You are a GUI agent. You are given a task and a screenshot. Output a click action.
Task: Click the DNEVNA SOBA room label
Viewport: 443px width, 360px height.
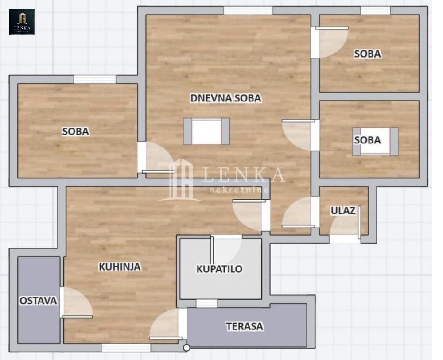click(226, 98)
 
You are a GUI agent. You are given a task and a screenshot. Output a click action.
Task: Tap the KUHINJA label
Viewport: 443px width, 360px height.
click(120, 267)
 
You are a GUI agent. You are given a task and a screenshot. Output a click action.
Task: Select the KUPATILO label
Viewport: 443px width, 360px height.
click(220, 269)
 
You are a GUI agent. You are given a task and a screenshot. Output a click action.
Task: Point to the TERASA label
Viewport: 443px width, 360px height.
click(245, 326)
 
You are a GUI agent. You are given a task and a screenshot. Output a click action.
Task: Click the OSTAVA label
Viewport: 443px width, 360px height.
click(39, 301)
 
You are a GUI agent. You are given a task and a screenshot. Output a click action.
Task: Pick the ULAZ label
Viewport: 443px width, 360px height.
click(343, 210)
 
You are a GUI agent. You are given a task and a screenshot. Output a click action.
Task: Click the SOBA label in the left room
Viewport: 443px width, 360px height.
click(76, 132)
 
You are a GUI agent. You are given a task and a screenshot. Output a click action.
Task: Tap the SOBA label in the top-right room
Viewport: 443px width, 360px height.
click(368, 54)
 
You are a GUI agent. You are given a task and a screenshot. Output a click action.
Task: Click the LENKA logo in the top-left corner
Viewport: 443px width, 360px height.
click(22, 22)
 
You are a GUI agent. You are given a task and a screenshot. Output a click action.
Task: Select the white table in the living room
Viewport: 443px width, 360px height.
click(206, 132)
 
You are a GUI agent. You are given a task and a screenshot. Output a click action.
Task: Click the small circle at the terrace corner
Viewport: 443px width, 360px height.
click(187, 348)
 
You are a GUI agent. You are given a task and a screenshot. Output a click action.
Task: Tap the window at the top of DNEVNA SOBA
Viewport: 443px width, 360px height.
click(249, 11)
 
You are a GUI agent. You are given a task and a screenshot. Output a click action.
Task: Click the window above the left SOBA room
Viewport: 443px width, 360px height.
click(95, 79)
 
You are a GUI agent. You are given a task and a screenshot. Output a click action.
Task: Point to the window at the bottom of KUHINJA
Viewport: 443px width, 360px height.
click(126, 348)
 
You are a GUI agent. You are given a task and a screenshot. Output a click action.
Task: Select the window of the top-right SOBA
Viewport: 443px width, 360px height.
click(376, 11)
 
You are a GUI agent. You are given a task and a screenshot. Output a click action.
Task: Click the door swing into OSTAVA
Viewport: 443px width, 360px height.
click(76, 302)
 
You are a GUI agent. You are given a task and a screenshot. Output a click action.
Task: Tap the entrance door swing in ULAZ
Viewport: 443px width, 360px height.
click(345, 223)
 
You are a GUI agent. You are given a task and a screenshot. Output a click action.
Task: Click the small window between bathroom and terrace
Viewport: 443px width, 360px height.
click(207, 303)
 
